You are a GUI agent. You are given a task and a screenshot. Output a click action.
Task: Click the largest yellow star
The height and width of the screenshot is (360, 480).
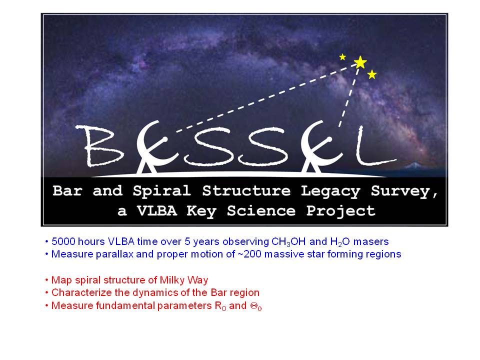click(x=360, y=62)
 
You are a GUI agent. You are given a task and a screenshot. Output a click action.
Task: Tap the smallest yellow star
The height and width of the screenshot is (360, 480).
click(x=342, y=57)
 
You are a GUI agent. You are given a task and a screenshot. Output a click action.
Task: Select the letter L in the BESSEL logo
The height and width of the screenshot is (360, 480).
click(x=375, y=145)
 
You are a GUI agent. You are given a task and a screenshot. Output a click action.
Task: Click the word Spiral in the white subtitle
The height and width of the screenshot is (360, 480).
click(x=162, y=191)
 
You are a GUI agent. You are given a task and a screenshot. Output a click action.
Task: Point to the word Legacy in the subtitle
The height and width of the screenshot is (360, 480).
click(x=330, y=191)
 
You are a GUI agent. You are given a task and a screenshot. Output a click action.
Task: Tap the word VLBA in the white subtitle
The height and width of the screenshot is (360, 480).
click(x=157, y=210)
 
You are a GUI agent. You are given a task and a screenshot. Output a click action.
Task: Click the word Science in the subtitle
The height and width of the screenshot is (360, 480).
click(x=261, y=210)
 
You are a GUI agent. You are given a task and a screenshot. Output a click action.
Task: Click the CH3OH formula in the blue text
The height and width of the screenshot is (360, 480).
click(x=288, y=242)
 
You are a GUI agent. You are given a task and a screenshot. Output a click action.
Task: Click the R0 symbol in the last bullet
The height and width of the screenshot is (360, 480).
click(x=220, y=306)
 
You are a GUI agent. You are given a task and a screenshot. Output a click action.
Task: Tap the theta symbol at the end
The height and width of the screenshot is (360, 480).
click(x=256, y=306)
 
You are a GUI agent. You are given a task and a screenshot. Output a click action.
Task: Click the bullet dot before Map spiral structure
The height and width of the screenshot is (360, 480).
click(x=46, y=280)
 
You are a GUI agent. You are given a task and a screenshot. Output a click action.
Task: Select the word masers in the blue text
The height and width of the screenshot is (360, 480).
click(x=371, y=242)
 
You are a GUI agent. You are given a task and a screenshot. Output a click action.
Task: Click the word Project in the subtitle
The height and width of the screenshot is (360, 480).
click(x=340, y=211)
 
